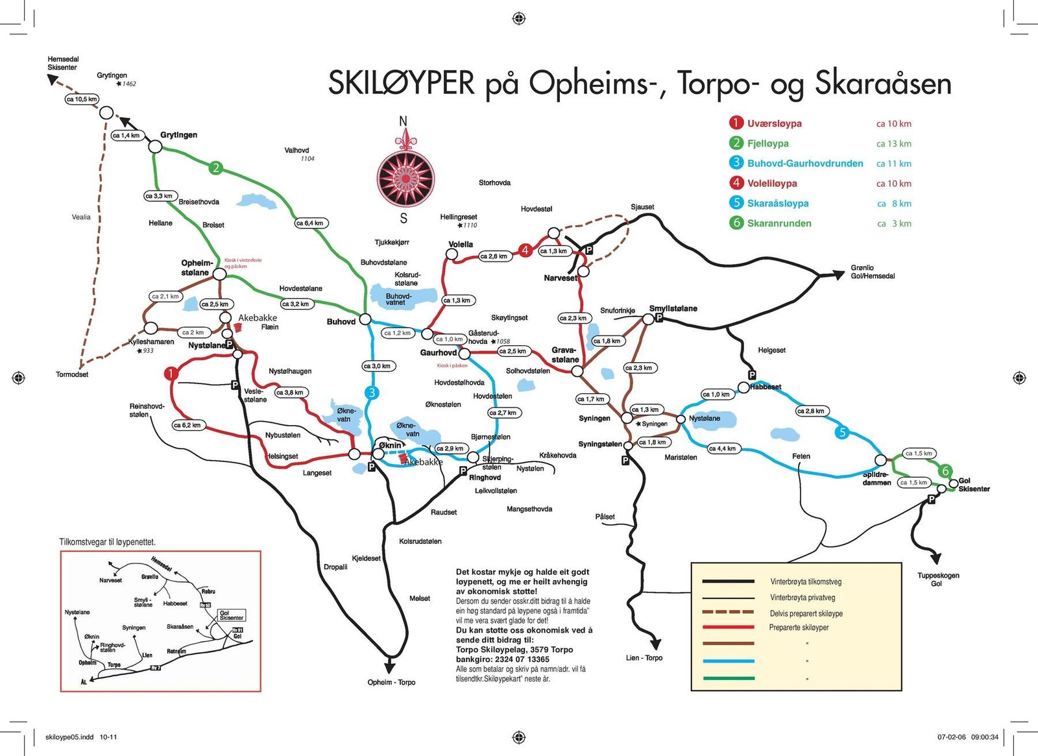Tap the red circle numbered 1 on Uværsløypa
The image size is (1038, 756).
tap(171, 373)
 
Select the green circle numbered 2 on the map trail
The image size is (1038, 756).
tap(216, 168)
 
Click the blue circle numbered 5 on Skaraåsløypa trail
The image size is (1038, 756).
tap(841, 432)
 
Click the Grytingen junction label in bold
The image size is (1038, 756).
tap(178, 135)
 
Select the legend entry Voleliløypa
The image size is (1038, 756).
tap(771, 184)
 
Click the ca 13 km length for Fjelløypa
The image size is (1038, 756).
tap(893, 144)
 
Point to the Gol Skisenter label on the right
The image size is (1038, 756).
tap(974, 485)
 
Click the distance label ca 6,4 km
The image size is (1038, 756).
tap(311, 223)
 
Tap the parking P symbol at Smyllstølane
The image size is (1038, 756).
tap(658, 318)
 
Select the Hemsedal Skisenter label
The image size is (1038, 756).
tap(62, 63)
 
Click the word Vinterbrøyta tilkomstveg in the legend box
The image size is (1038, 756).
tap(805, 581)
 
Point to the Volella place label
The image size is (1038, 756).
tap(461, 245)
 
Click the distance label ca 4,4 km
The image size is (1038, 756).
tap(722, 448)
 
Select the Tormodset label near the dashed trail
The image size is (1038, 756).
tap(72, 374)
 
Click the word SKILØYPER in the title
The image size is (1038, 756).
tap(401, 84)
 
